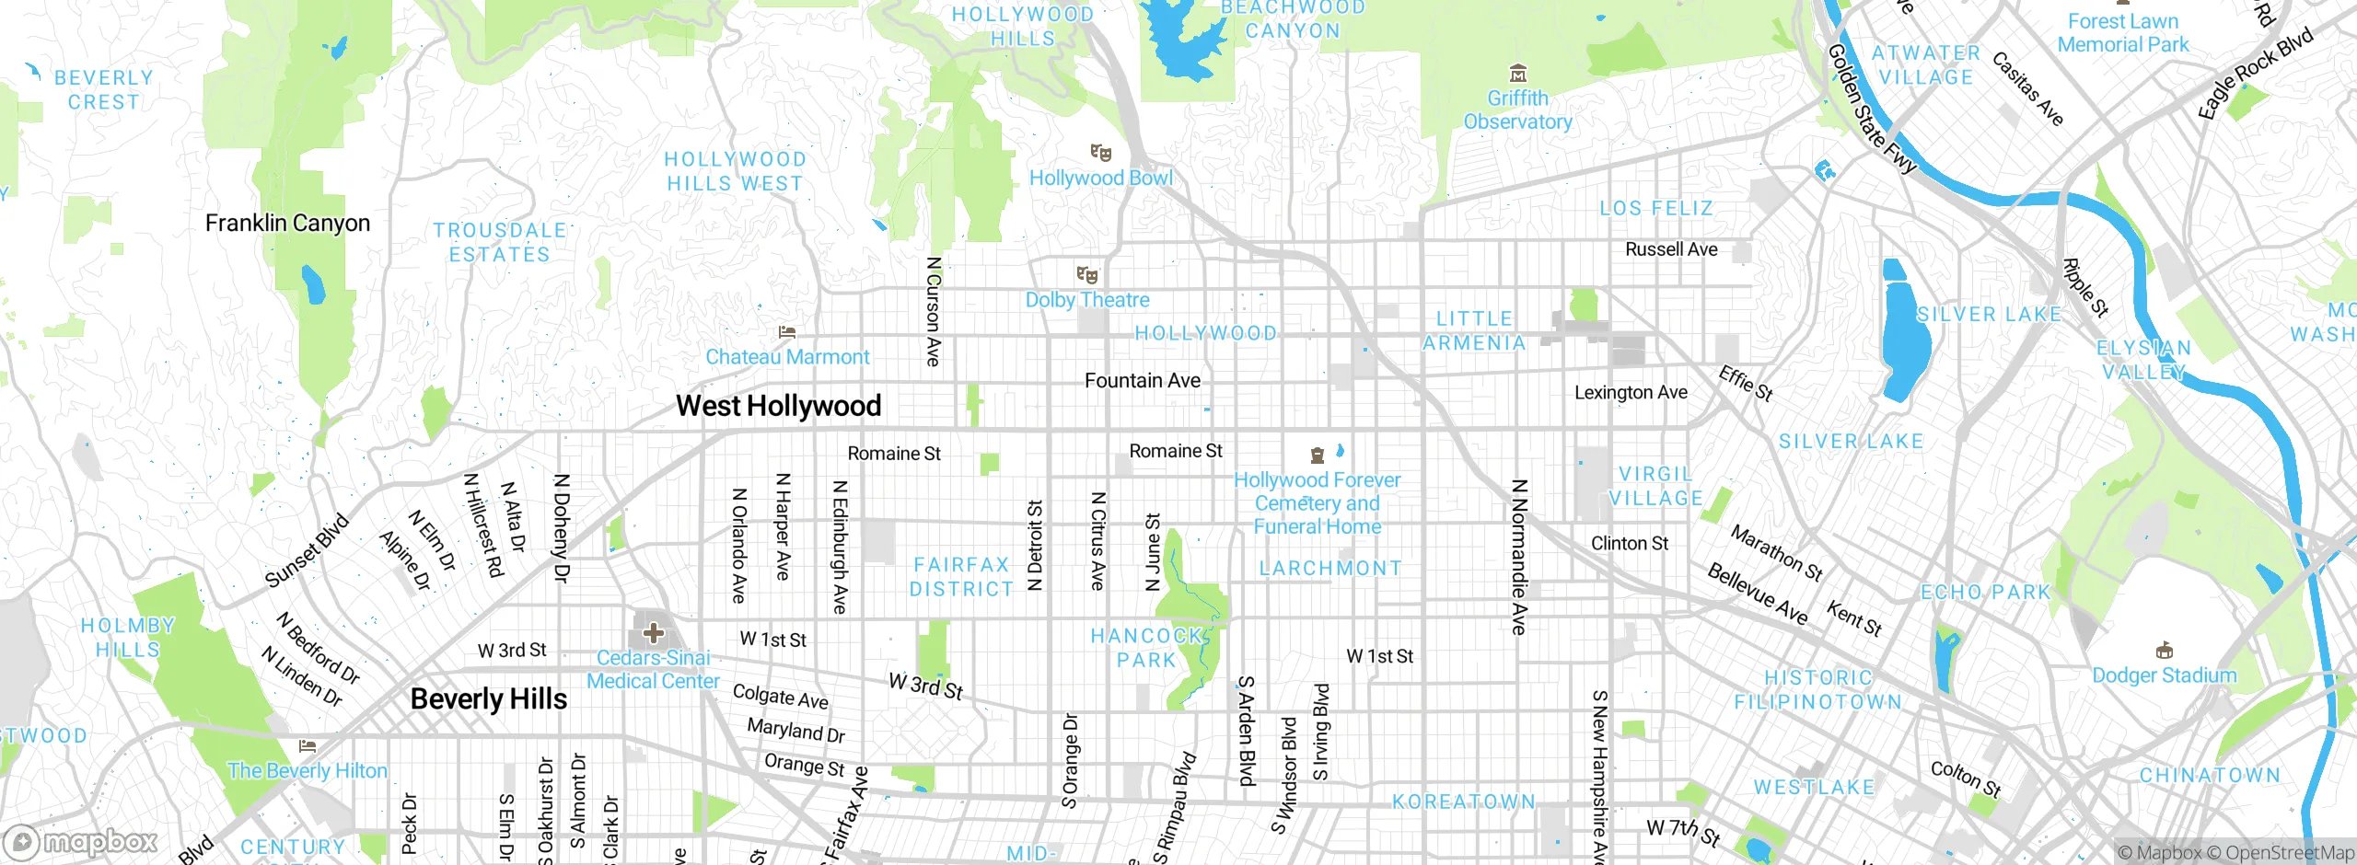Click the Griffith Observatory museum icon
[1518, 74]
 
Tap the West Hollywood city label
[778, 406]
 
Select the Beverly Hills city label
[489, 699]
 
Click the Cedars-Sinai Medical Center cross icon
[654, 633]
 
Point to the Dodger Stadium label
[2164, 675]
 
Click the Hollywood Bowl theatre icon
[1100, 153]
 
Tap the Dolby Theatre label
[1087, 300]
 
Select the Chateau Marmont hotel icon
[787, 332]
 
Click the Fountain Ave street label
[1142, 381]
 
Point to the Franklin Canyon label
[287, 224]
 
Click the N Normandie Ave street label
[1519, 557]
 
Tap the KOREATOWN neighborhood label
[1463, 802]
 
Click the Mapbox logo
[81, 842]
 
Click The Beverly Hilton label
[308, 771]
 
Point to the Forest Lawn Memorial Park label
[2123, 33]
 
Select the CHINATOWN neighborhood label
[2210, 776]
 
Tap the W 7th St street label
[1683, 833]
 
